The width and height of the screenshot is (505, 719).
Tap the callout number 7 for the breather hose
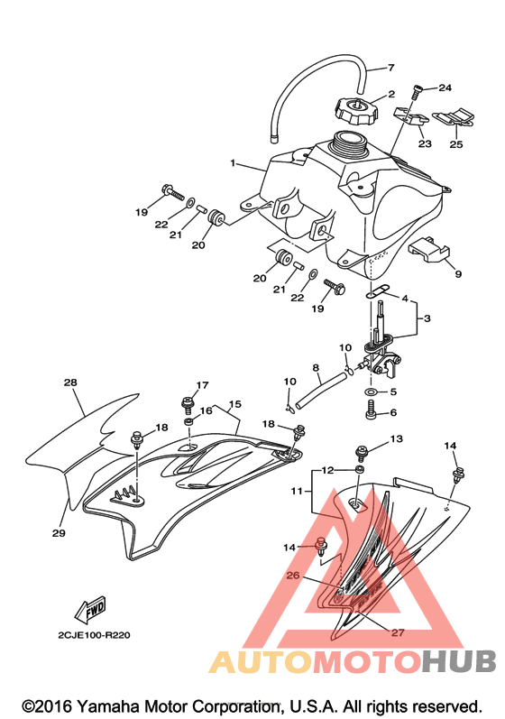coord(390,68)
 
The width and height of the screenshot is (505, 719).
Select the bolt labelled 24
coord(416,92)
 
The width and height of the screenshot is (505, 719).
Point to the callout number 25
coord(456,144)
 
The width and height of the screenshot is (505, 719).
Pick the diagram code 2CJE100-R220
coord(94,635)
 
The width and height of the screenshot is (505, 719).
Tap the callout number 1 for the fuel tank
coord(233,162)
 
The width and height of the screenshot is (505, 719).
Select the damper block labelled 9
coord(428,250)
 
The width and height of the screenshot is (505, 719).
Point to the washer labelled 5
coord(370,392)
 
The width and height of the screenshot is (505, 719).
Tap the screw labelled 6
coord(371,410)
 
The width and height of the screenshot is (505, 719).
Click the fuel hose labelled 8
coord(321,390)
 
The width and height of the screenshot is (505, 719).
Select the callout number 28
coord(70,382)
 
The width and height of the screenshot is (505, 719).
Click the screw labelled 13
coord(361,454)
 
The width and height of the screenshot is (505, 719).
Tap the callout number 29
coord(59,533)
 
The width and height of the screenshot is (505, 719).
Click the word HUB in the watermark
coord(458,660)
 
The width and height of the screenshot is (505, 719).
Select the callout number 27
coord(398,632)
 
